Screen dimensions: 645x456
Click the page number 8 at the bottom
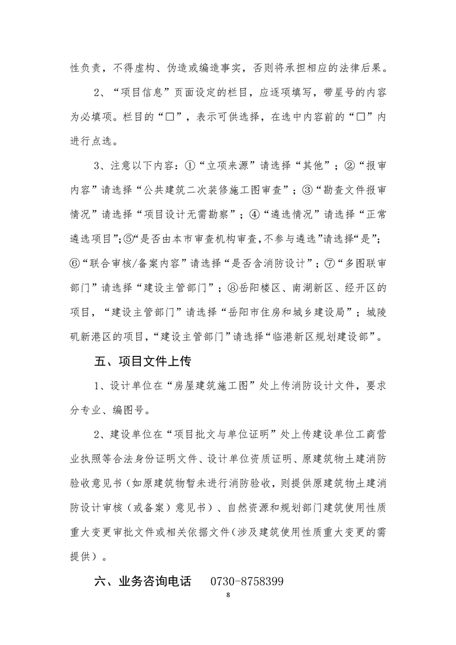pyautogui.click(x=228, y=595)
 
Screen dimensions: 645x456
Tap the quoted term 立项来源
pyautogui.click(x=228, y=166)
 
